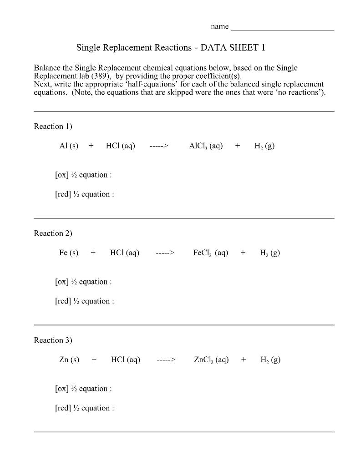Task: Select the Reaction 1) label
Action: click(x=53, y=126)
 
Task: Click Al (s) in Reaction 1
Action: click(x=69, y=146)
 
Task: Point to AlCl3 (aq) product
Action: click(x=206, y=146)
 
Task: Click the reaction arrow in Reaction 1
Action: click(x=159, y=146)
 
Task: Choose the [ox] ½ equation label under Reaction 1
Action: click(x=83, y=175)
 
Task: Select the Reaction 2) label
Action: click(x=53, y=233)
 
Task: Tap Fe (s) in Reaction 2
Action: click(x=69, y=253)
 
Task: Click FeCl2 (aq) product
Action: click(x=210, y=253)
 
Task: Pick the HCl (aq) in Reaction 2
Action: click(x=125, y=253)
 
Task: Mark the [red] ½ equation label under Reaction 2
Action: click(x=84, y=301)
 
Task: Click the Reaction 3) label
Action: click(x=53, y=340)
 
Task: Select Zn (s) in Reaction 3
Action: click(x=69, y=360)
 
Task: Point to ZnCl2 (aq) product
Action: click(x=211, y=360)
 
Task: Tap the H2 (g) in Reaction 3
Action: click(x=270, y=360)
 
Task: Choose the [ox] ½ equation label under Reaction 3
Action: click(x=83, y=389)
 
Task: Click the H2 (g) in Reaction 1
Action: click(x=264, y=146)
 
